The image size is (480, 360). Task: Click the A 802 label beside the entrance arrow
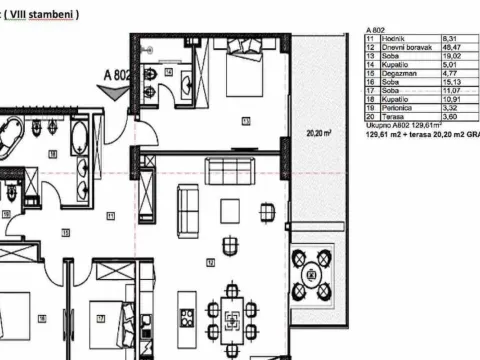pos(118,73)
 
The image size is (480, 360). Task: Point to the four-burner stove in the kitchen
pos(187,318)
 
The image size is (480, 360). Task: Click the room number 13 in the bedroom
pos(244,122)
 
